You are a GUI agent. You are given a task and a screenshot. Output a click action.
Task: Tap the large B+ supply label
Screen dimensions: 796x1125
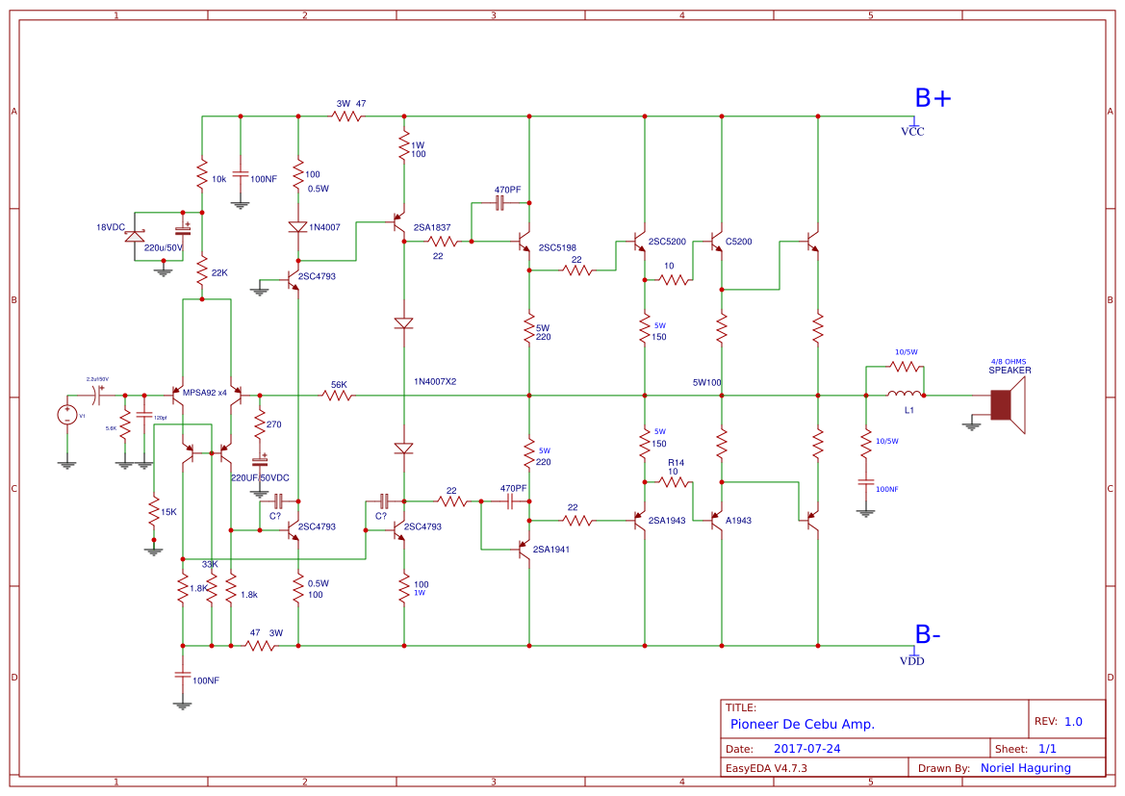[932, 98]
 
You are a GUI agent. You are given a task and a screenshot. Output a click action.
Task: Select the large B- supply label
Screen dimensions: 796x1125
[927, 635]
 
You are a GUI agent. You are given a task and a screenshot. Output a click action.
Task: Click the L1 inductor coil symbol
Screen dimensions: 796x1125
[904, 395]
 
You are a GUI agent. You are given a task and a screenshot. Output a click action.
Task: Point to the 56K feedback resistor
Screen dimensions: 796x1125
[339, 395]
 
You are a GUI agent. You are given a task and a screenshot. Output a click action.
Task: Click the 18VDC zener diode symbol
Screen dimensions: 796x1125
[136, 234]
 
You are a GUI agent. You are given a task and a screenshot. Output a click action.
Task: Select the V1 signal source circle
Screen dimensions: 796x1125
[67, 415]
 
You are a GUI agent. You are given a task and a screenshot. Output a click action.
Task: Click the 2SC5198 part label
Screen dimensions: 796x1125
[557, 247]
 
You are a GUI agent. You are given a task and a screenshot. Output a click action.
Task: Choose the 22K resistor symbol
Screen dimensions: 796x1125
[202, 274]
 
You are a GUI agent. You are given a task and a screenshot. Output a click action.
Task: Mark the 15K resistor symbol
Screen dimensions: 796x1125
[153, 511]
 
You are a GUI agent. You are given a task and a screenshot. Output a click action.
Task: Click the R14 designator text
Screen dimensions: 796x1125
[677, 463]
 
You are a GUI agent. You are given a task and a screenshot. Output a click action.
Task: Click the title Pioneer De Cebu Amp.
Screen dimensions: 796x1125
[802, 724]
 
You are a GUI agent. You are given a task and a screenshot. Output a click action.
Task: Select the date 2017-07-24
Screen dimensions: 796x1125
[806, 749]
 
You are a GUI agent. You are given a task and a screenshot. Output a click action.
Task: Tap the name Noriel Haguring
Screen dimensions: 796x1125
[1026, 768]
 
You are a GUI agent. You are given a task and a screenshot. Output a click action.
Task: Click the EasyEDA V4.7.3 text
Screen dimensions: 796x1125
[766, 768]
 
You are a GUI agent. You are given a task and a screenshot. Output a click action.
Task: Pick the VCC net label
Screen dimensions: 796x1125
[911, 132]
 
